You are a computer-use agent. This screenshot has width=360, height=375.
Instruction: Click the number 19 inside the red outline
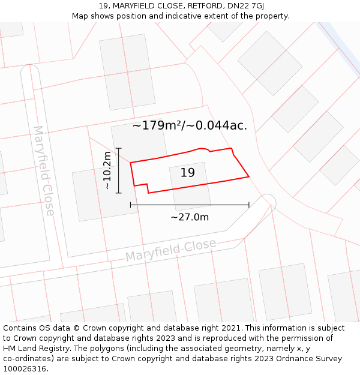point(188,173)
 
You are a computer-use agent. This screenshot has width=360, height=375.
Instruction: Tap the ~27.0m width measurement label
point(190,217)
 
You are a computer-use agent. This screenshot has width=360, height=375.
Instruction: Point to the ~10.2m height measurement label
point(107,170)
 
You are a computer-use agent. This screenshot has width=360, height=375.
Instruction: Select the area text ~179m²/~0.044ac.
point(190,125)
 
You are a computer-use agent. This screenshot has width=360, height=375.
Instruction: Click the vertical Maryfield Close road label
point(44,170)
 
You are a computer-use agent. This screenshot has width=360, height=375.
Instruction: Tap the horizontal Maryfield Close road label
point(170,250)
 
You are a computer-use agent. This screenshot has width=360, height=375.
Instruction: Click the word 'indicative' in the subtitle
point(179,16)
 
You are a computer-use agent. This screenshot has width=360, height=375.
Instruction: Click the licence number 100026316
point(26,369)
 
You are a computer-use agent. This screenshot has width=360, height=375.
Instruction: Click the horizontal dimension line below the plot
point(190,205)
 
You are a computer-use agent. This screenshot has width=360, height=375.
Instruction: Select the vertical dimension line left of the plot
point(119,170)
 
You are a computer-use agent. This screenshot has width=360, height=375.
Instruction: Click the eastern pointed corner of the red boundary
point(248,176)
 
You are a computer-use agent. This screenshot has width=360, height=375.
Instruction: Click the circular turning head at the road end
point(268,201)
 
